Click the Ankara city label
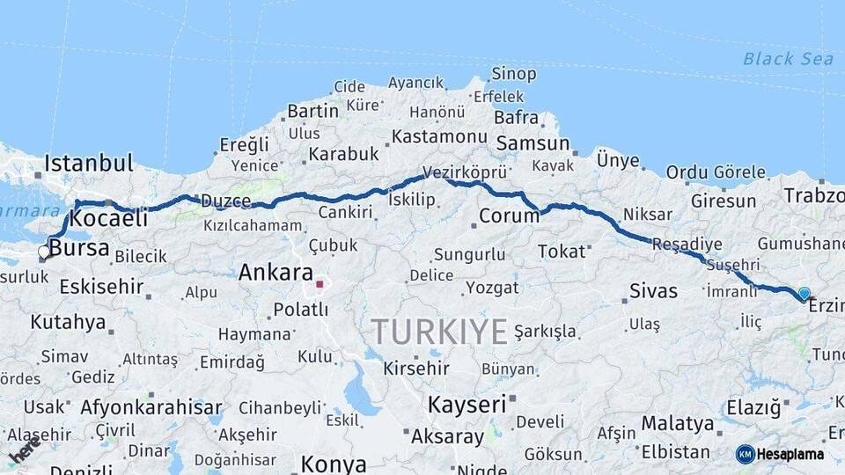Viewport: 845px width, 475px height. pyautogui.click(x=276, y=273)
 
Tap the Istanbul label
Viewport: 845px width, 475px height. pyautogui.click(x=89, y=163)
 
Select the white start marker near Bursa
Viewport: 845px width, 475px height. pyautogui.click(x=44, y=252)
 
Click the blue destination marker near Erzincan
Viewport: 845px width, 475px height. pyautogui.click(x=804, y=294)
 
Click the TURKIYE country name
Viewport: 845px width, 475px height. pyautogui.click(x=438, y=332)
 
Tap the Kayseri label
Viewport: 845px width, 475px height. pyautogui.click(x=467, y=405)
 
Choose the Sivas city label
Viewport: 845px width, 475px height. pyautogui.click(x=653, y=291)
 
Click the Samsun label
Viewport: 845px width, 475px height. pyautogui.click(x=533, y=143)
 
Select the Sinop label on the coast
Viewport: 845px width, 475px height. pyautogui.click(x=514, y=74)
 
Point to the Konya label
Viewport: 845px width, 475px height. pyautogui.click(x=334, y=464)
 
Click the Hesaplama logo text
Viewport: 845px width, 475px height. pyautogui.click(x=790, y=454)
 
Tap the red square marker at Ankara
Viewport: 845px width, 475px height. pyautogui.click(x=320, y=284)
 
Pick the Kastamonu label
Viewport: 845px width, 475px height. pyautogui.click(x=439, y=136)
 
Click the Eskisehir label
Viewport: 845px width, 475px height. pyautogui.click(x=101, y=286)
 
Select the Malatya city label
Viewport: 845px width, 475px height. pyautogui.click(x=677, y=423)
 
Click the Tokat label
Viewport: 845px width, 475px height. pyautogui.click(x=562, y=252)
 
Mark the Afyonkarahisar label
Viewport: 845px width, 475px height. pyautogui.click(x=151, y=407)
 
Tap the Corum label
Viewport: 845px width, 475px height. pyautogui.click(x=509, y=216)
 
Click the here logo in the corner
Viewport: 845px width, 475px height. pyautogui.click(x=24, y=449)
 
